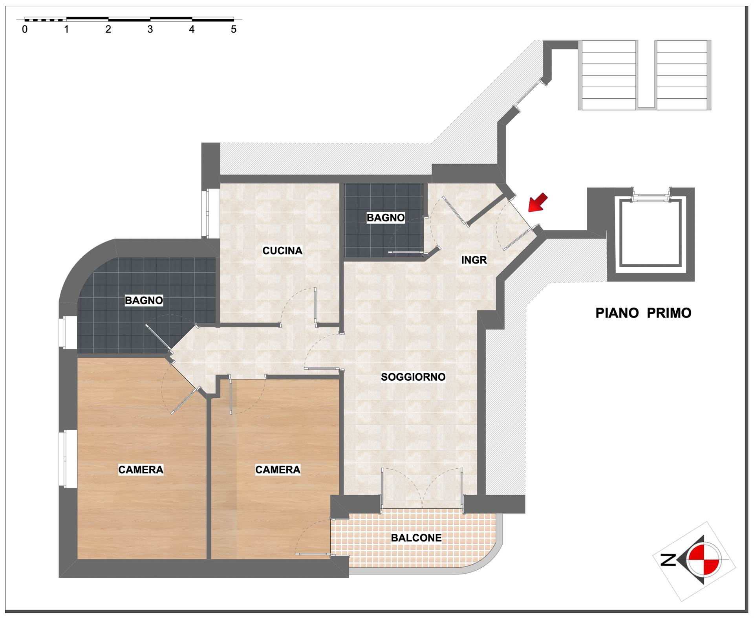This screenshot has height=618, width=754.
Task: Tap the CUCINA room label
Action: point(282,251)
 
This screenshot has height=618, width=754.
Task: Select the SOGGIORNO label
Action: point(413,377)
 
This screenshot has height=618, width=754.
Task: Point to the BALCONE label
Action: point(416,538)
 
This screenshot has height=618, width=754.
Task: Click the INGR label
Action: point(474,260)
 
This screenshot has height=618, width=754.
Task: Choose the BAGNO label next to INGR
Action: point(386,218)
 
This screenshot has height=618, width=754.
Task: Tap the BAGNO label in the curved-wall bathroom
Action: point(144,301)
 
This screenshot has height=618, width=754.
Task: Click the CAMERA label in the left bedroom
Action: point(141,469)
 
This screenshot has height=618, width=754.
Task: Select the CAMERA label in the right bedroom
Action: point(278,469)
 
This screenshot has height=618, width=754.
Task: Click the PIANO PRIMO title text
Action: point(643,313)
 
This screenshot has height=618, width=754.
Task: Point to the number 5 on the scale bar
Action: point(234,29)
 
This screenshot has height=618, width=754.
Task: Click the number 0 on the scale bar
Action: point(25,29)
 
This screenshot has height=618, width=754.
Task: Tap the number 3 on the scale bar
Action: point(150,29)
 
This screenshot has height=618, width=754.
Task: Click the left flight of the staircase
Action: point(608,75)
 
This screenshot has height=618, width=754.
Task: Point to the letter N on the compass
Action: point(668,560)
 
